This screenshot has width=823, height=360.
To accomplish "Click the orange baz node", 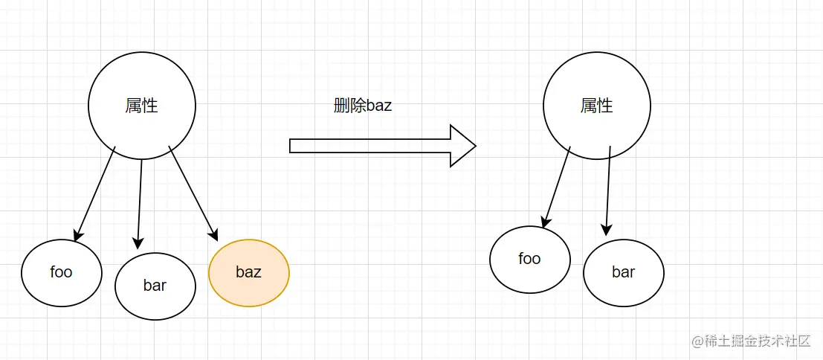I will tap(249, 273).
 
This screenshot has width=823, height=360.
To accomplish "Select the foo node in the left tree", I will tap(61, 272).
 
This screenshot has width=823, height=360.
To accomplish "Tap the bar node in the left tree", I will tap(155, 286).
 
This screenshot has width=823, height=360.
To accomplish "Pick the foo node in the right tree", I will tap(530, 259).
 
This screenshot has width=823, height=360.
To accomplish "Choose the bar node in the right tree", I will tap(624, 272).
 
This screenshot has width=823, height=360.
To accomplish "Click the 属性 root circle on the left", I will tap(142, 106).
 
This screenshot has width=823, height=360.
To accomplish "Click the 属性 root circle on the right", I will tap(597, 106).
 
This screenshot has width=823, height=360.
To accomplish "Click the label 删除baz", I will tap(363, 106).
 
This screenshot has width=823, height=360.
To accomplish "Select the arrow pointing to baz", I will tap(193, 193).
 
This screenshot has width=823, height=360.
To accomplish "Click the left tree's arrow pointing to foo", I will tap(95, 191).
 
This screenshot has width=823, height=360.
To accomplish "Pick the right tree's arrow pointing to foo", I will tap(557, 186).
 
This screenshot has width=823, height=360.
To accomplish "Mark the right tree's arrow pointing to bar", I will tap(608, 190).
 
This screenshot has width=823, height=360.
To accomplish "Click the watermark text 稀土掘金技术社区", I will tap(752, 341).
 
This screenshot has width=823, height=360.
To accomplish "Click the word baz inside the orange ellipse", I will tap(249, 272).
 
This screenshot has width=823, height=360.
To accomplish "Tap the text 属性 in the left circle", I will tap(142, 106).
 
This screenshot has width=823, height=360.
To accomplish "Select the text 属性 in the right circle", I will tap(597, 106).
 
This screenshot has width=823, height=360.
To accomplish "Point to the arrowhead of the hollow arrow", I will tap(462, 146).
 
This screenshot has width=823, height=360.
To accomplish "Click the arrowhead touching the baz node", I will tap(213, 235).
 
